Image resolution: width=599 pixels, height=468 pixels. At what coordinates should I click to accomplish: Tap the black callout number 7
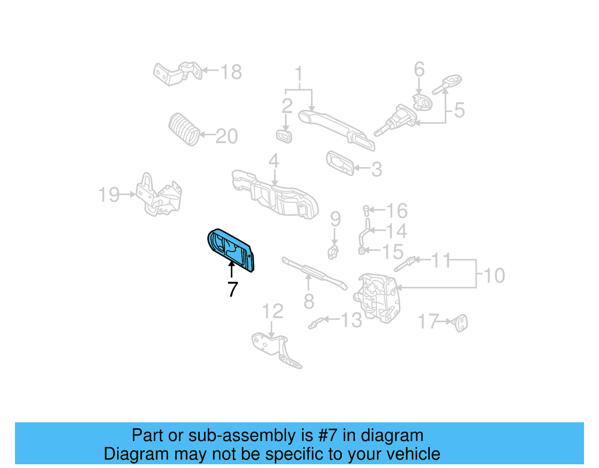pyautogui.click(x=232, y=289)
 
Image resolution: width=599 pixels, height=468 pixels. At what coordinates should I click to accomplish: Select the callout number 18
pyautogui.click(x=231, y=72)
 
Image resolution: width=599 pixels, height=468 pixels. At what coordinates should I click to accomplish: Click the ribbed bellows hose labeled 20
pyautogui.click(x=184, y=129)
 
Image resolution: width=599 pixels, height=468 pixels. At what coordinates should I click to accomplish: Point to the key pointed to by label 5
pyautogui.click(x=447, y=84)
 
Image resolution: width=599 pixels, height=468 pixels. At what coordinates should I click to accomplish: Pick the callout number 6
pyautogui.click(x=419, y=70)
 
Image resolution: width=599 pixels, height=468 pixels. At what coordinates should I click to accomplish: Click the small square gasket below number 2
pyautogui.click(x=284, y=136)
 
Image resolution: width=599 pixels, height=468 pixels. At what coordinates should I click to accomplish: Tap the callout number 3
pyautogui.click(x=377, y=169)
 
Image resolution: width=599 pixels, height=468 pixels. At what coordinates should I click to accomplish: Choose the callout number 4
pyautogui.click(x=274, y=161)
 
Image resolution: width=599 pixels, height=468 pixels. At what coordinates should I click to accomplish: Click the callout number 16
pyautogui.click(x=396, y=211)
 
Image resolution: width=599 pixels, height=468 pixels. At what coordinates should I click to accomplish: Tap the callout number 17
pyautogui.click(x=428, y=321)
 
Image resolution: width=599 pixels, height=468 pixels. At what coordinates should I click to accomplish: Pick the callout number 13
pyautogui.click(x=352, y=320)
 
